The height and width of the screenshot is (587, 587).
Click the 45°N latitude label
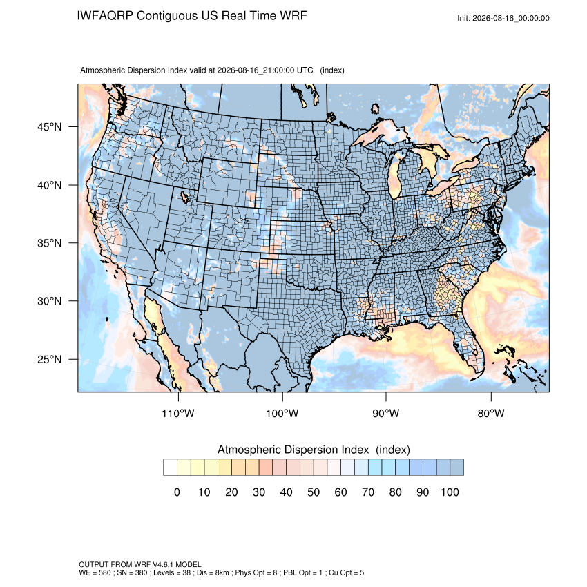click(50, 127)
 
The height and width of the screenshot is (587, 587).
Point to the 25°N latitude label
click(50, 359)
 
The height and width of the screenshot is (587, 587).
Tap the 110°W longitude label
click(178, 413)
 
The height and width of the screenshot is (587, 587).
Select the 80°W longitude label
click(491, 413)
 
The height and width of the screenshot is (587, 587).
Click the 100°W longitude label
click(282, 413)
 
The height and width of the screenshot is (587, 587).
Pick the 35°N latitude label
click(50, 243)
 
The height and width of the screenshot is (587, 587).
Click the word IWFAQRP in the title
click(105, 16)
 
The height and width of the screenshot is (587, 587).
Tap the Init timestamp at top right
click(503, 19)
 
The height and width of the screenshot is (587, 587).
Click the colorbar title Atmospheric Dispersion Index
click(293, 450)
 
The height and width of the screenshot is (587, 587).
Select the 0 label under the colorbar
click(177, 492)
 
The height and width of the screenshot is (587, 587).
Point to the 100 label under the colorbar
click(450, 492)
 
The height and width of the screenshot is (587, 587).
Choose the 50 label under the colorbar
click(314, 492)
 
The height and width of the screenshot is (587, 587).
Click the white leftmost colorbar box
click(170, 468)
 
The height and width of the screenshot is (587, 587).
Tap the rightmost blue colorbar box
click(456, 468)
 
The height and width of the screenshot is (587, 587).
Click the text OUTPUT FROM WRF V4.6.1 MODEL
click(140, 564)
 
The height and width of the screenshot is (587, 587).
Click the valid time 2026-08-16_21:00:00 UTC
click(265, 70)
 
